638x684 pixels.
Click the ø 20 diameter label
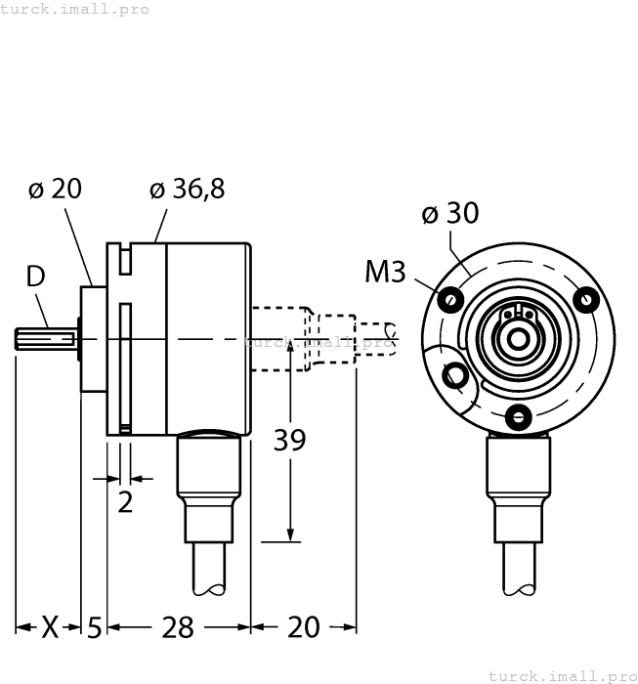(x=55, y=190)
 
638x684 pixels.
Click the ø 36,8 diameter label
(x=187, y=190)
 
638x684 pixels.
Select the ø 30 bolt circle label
(x=449, y=212)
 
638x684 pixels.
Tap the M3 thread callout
(x=385, y=272)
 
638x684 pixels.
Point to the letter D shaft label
(x=35, y=277)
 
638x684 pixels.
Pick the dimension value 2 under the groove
(x=125, y=502)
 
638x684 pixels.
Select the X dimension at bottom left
(x=51, y=627)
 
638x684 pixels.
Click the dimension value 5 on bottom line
(x=94, y=627)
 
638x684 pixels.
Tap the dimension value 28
(x=177, y=627)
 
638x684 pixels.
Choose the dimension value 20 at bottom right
(x=303, y=627)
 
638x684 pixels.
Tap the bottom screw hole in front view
(x=517, y=417)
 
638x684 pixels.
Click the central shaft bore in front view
(x=517, y=339)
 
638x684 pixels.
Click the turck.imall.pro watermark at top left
(x=75, y=9)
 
